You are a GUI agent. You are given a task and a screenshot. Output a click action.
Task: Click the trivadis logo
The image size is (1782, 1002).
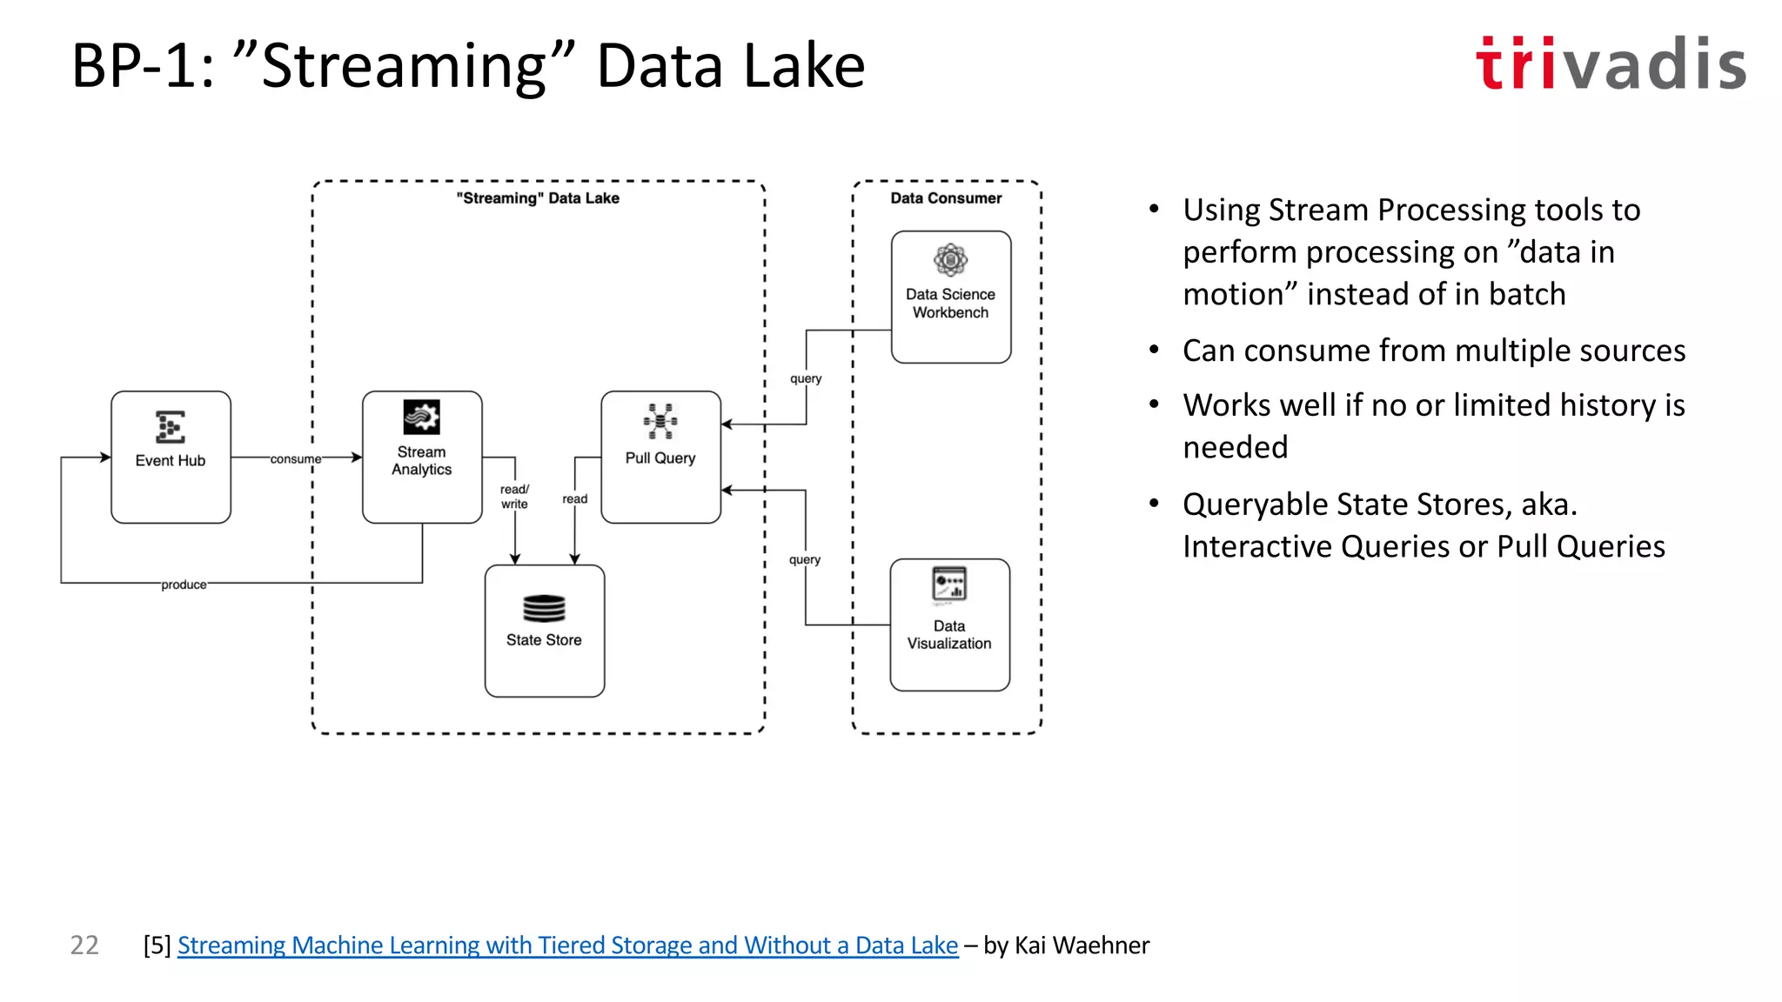coord(1610,63)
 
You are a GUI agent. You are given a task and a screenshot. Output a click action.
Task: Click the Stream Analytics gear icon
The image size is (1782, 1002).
coord(421,417)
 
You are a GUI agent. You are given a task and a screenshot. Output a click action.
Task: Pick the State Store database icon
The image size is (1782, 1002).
coord(544,608)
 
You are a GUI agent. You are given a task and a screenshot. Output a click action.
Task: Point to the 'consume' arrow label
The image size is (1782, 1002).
coord(295,458)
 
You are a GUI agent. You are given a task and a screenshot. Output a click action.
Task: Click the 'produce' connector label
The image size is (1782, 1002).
coord(184,584)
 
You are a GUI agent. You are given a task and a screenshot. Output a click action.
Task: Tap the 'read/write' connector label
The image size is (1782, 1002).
coord(514,497)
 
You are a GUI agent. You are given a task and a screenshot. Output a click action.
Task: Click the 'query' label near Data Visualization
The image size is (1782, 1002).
coord(805,559)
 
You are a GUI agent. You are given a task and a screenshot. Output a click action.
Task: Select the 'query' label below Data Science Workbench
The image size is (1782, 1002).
coord(806,378)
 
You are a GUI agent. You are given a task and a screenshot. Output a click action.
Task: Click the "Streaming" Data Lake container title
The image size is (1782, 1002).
coord(538,198)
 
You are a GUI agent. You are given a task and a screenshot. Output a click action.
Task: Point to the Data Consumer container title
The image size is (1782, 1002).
coord(946,198)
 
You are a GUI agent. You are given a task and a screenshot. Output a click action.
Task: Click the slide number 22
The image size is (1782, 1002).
coord(84,945)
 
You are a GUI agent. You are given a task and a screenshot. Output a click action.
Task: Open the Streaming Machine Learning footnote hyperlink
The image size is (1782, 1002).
coord(567,945)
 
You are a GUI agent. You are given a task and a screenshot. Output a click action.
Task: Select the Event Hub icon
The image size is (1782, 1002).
coord(170,427)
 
